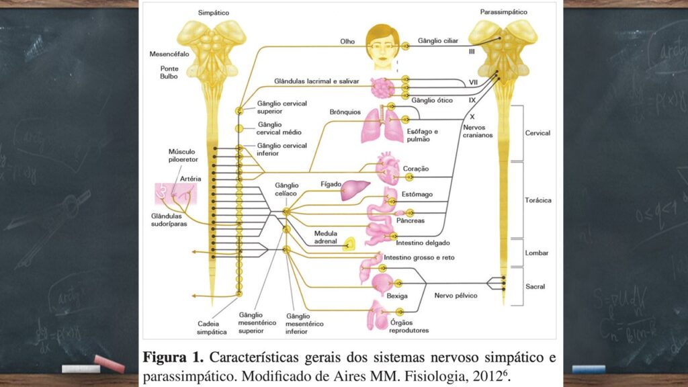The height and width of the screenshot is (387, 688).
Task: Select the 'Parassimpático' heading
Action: coord(503,12)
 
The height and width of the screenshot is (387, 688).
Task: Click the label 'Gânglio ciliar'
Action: coord(438,41)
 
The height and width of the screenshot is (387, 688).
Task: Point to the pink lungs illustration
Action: coord(381,126)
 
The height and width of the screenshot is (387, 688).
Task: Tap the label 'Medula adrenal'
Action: coord(326,239)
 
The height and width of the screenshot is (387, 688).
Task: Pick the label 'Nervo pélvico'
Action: coord(456,295)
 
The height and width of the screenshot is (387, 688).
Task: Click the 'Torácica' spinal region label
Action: coord(537,200)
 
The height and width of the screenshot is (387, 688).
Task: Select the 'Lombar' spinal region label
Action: coord(537,253)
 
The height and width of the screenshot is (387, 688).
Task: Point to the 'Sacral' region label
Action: coord(535,286)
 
